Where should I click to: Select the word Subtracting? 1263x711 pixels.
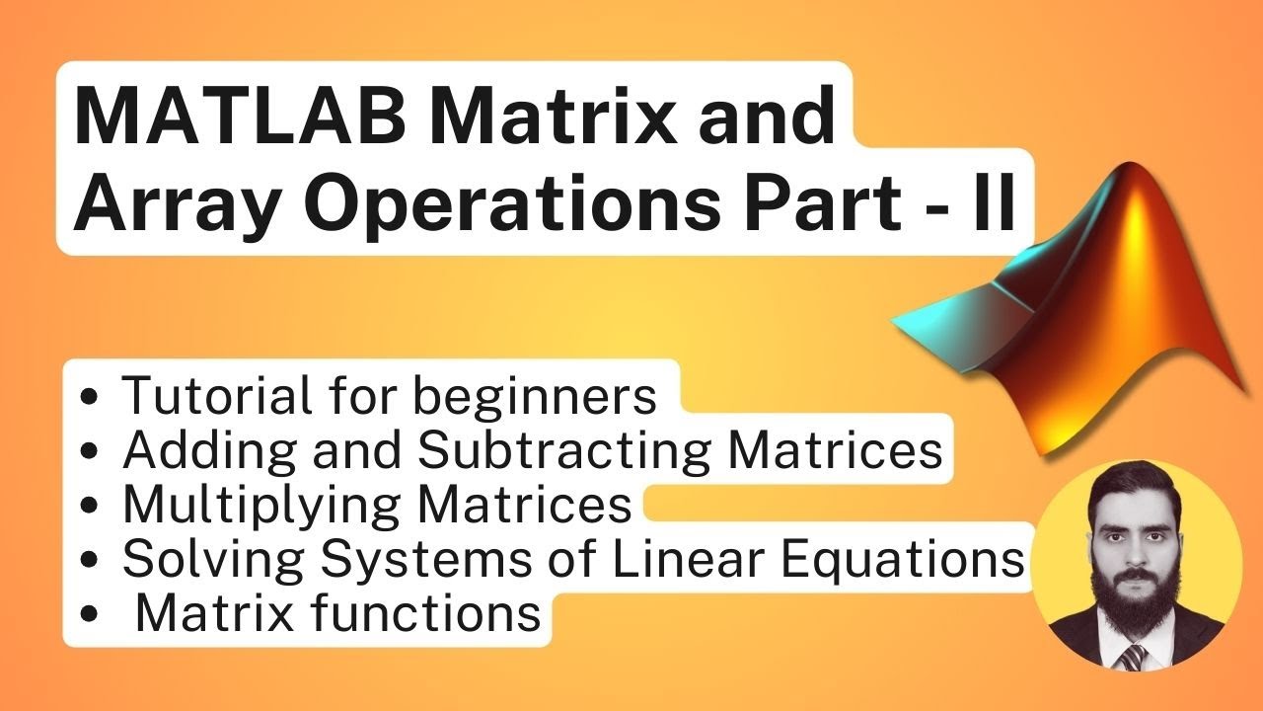click(563, 451)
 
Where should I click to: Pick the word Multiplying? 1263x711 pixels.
click(260, 506)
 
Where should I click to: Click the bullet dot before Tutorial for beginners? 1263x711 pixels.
click(90, 398)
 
